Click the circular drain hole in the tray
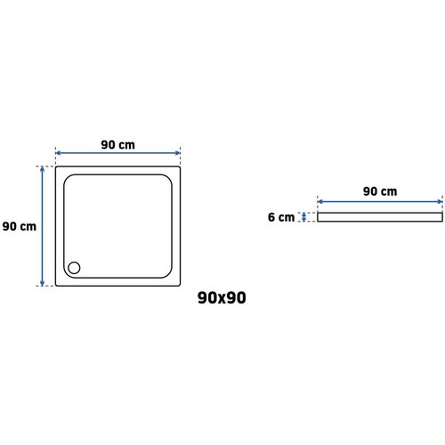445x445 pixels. [74, 268]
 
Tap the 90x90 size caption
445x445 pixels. [222, 297]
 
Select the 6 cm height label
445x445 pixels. [281, 217]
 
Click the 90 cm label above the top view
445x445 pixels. [117, 145]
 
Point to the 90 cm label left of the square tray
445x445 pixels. [20, 226]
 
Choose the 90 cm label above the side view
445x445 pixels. [380, 191]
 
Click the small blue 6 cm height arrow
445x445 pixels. [303, 217]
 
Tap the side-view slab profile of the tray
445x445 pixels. [380, 217]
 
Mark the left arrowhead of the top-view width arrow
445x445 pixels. [58, 153]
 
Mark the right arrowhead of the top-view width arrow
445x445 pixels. [178, 153]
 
